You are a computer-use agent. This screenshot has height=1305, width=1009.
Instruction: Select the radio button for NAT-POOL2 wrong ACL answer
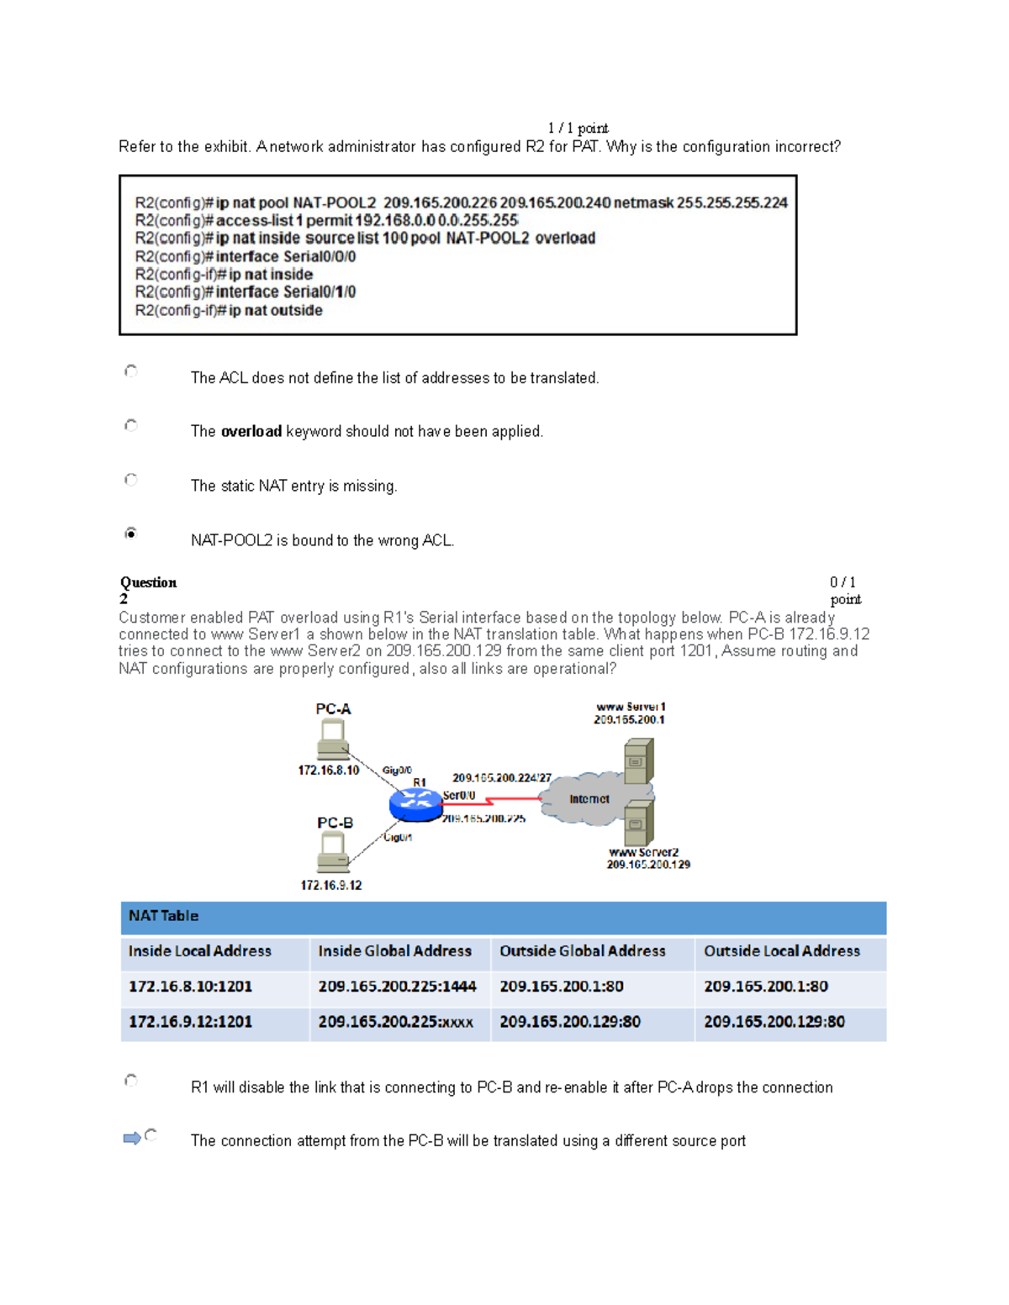[131, 533]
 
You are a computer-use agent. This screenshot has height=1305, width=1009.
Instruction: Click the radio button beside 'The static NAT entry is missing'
[131, 479]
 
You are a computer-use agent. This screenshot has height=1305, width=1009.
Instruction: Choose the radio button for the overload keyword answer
[131, 425]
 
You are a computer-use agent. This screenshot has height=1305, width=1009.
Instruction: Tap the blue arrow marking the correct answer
[132, 1138]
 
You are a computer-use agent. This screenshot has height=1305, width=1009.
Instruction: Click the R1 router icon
[415, 804]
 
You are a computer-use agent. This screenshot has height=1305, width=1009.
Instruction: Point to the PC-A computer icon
[333, 739]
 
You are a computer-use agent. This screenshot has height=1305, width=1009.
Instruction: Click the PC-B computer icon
[333, 853]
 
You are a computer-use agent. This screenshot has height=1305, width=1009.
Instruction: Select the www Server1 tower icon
[638, 761]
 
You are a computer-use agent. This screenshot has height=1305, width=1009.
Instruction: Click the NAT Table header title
[163, 916]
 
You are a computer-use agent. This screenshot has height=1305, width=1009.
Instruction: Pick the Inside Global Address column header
[394, 951]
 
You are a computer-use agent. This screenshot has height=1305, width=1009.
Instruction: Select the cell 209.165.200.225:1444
[397, 987]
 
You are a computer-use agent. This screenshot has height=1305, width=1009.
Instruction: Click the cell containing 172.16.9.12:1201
[190, 1022]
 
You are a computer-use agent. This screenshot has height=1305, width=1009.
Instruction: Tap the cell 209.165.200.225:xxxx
[395, 1022]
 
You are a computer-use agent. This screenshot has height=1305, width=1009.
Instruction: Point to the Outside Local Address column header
[782, 951]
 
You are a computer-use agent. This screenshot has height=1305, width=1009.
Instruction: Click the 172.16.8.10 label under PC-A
[328, 770]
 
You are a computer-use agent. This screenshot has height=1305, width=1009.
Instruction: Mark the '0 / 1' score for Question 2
[843, 582]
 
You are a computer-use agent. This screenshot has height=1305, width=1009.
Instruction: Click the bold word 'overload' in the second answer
[251, 432]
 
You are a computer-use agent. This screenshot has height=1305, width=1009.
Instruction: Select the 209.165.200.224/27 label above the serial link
[501, 778]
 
